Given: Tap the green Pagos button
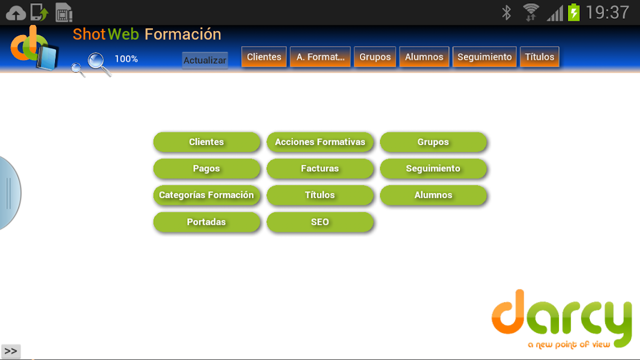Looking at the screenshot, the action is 206,169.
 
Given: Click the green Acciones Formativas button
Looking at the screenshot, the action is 320,142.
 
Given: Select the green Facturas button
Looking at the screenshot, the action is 320,169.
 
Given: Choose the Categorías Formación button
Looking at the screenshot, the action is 206,195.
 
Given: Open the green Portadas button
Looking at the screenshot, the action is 206,222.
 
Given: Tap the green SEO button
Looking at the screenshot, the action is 320,222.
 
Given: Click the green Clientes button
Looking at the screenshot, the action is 206,142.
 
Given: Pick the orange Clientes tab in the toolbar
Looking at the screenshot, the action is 264,57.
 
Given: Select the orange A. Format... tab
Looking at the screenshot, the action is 321,57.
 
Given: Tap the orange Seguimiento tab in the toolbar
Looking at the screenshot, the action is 484,57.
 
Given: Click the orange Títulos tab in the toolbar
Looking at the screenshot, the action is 539,57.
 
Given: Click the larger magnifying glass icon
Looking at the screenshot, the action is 99,64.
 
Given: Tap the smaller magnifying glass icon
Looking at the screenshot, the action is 78,69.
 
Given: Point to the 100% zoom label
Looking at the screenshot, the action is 126,58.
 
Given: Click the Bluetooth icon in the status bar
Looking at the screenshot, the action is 507,12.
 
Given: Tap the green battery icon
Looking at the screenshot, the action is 574,12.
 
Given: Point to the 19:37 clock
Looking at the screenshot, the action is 607,12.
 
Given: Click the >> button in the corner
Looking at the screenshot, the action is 11,351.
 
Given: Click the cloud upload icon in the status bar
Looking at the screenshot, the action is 16,13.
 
